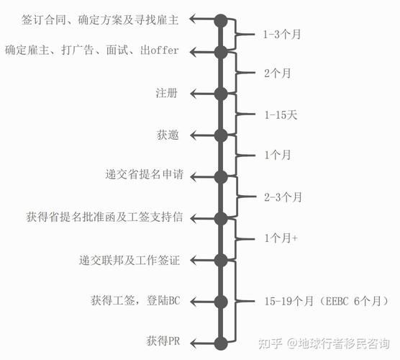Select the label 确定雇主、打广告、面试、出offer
coord(91,50)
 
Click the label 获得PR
coord(162,341)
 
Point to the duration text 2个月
coord(278,72)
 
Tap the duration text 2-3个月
coord(283,196)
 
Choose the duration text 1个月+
coord(280,238)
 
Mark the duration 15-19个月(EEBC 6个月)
coord(318,300)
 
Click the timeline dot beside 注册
coord(221,93)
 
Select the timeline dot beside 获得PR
coord(221,341)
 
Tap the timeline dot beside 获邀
coord(221,135)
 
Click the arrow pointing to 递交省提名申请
coord(203,176)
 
